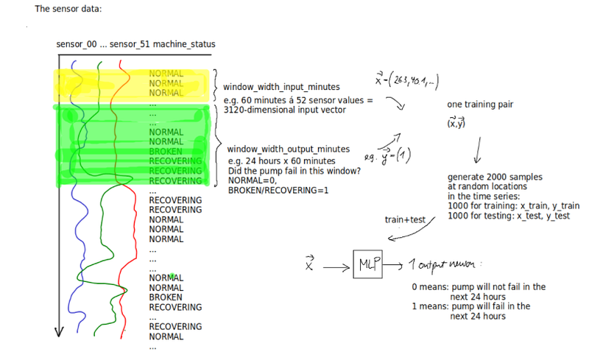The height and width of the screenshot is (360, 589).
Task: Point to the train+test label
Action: click(x=405, y=219)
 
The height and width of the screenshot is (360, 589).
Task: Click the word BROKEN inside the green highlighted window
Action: click(x=165, y=151)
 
